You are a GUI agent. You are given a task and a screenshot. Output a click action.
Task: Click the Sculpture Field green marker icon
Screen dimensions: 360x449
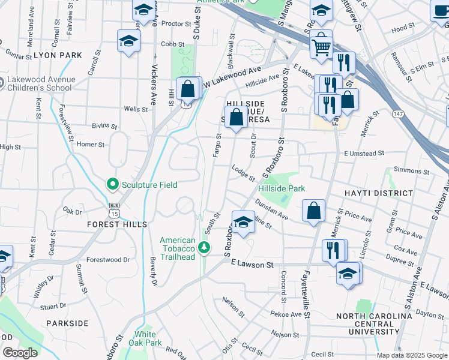(x=111, y=184)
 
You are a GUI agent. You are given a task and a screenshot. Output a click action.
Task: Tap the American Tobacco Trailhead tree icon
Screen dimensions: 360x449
(x=204, y=247)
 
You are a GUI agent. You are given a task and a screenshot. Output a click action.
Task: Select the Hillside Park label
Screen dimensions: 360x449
(x=282, y=188)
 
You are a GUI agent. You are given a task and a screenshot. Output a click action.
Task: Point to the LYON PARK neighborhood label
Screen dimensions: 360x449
(x=58, y=55)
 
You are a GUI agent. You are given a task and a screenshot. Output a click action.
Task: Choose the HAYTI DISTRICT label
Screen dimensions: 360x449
(x=379, y=193)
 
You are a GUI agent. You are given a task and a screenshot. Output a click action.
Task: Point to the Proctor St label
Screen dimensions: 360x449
(x=176, y=24)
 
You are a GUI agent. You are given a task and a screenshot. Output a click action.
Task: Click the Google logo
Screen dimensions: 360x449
(x=19, y=353)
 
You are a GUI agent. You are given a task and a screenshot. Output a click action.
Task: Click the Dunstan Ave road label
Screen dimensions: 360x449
(x=271, y=209)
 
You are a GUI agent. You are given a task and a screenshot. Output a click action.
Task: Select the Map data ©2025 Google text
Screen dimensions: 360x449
(x=412, y=355)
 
